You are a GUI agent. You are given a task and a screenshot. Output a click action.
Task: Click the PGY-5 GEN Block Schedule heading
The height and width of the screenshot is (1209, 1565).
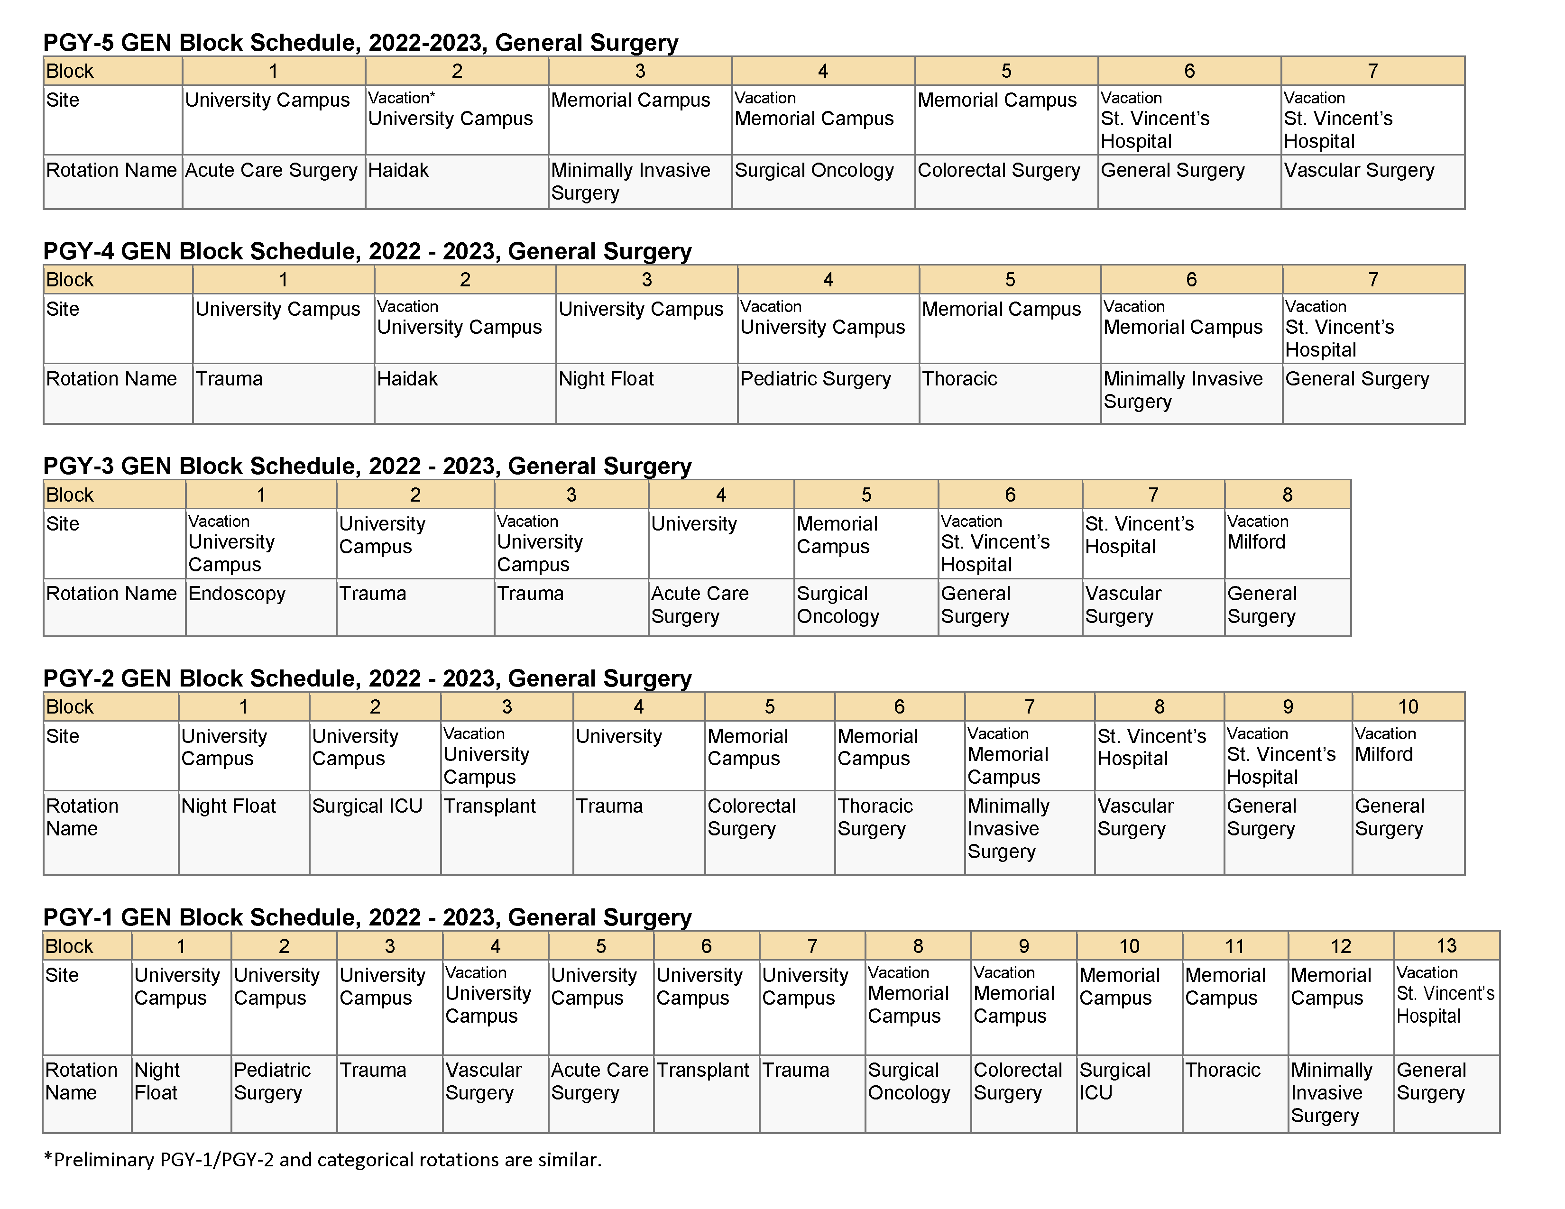(x=360, y=43)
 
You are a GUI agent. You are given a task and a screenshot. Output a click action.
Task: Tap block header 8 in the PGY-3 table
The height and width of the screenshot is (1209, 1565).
(x=1287, y=495)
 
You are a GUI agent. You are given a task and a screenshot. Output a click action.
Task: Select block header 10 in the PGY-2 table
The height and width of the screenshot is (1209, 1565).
(x=1408, y=707)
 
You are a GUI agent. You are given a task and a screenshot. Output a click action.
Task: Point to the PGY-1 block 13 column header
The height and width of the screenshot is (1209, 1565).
(x=1446, y=946)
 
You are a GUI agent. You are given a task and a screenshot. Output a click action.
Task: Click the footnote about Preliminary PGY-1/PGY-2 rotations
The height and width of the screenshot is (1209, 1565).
(x=322, y=1160)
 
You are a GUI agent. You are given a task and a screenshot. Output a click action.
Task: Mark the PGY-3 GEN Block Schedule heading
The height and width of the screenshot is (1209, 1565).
(x=367, y=466)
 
